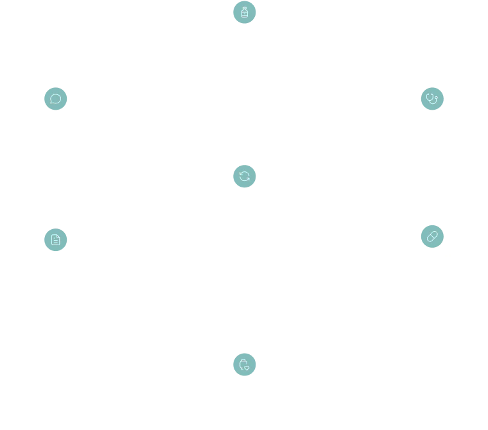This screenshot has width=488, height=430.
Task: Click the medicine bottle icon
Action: pyautogui.click(x=244, y=12)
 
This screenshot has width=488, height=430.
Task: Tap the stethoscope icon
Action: pyautogui.click(x=433, y=99)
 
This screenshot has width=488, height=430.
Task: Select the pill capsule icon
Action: pyautogui.click(x=433, y=236)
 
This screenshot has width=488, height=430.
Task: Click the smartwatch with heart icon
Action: pyautogui.click(x=244, y=365)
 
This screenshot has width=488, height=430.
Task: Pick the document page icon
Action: pyautogui.click(x=55, y=239)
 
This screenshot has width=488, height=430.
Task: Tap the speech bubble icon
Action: pyautogui.click(x=55, y=99)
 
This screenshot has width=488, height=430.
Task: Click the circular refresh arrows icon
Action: pyautogui.click(x=244, y=176)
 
